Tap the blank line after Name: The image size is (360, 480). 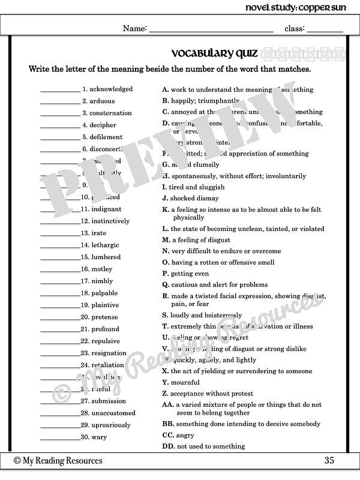(211, 29)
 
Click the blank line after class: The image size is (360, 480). (325, 29)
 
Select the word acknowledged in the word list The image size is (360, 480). (111, 89)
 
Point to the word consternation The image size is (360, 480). (111, 113)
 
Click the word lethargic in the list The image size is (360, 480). (105, 245)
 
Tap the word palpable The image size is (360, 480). (104, 293)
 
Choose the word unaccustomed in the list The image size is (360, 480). (113, 413)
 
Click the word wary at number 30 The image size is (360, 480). (99, 437)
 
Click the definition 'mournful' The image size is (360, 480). (185, 383)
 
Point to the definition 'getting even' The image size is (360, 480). (190, 273)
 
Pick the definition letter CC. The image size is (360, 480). (168, 435)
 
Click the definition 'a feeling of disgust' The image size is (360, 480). (200, 240)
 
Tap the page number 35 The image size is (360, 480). (329, 461)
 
